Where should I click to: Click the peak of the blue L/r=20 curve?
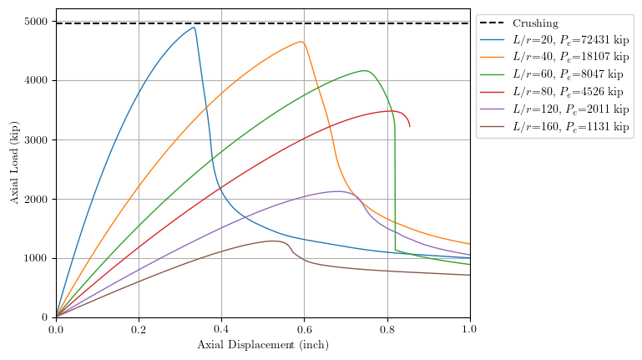(x=194, y=28)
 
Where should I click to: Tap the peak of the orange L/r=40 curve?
(x=301, y=42)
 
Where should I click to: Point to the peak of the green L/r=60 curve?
(x=365, y=71)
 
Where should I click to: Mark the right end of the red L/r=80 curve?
(x=409, y=126)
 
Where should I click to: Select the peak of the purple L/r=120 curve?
(x=338, y=191)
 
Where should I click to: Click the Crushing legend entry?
(x=535, y=23)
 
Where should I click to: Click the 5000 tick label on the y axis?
(x=37, y=22)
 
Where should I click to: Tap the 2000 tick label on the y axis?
(x=37, y=200)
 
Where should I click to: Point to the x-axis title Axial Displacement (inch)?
(x=263, y=345)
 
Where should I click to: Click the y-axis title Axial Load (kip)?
(x=14, y=163)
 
